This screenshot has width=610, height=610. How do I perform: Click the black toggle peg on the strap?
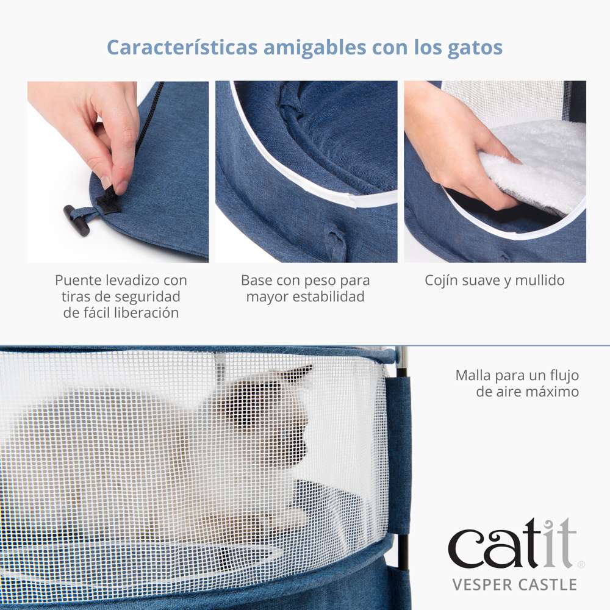[x=76, y=220]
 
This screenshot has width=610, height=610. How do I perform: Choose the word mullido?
[x=539, y=281]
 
